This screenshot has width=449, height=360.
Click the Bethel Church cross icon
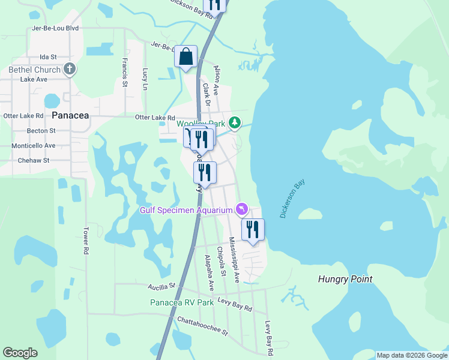point(70,69)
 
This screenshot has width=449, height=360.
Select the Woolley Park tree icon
point(235,124)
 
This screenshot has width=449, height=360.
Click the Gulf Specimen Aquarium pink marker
point(241,209)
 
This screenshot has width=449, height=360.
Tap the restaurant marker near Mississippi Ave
point(253,229)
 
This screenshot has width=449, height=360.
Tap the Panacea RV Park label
point(182,302)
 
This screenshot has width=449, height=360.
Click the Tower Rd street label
point(86,240)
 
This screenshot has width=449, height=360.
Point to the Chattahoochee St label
point(203,327)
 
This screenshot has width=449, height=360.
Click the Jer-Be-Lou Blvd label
point(56,28)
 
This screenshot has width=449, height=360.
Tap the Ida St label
point(47,56)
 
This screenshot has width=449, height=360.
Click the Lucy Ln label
point(145,79)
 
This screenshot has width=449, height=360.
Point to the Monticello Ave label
point(34,145)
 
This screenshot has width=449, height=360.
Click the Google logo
point(20,353)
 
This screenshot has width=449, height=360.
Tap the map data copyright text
point(411,355)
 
